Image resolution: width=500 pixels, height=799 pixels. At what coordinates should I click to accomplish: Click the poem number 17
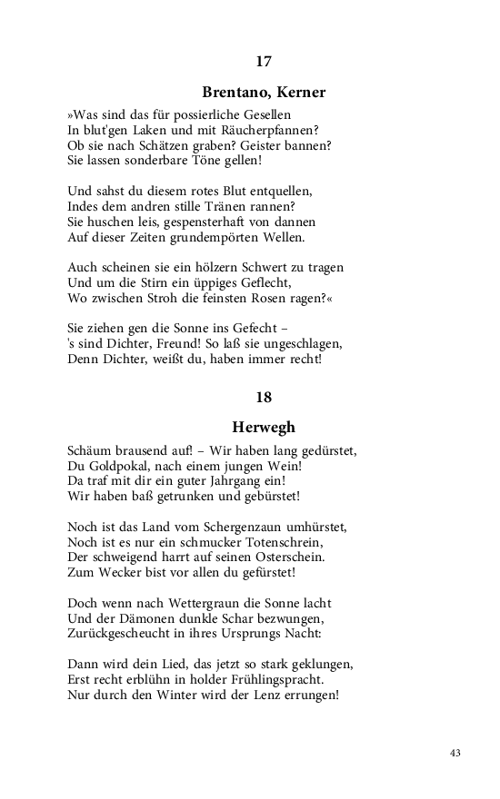point(264,62)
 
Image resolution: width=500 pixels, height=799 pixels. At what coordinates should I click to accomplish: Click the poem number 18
point(264,397)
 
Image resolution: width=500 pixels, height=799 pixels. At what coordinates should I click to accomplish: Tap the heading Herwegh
point(264,427)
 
